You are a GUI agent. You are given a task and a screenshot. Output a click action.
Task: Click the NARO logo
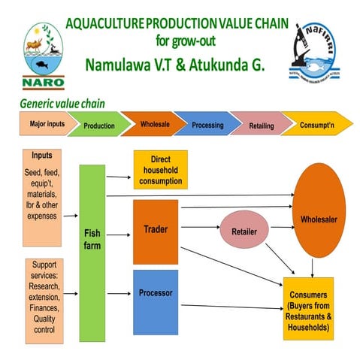tap(44, 56)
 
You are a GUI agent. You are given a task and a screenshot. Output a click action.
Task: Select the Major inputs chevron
tap(42, 123)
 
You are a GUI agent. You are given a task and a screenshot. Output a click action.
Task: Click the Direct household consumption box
tap(160, 169)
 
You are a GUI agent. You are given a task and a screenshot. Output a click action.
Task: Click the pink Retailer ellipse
tap(245, 233)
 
